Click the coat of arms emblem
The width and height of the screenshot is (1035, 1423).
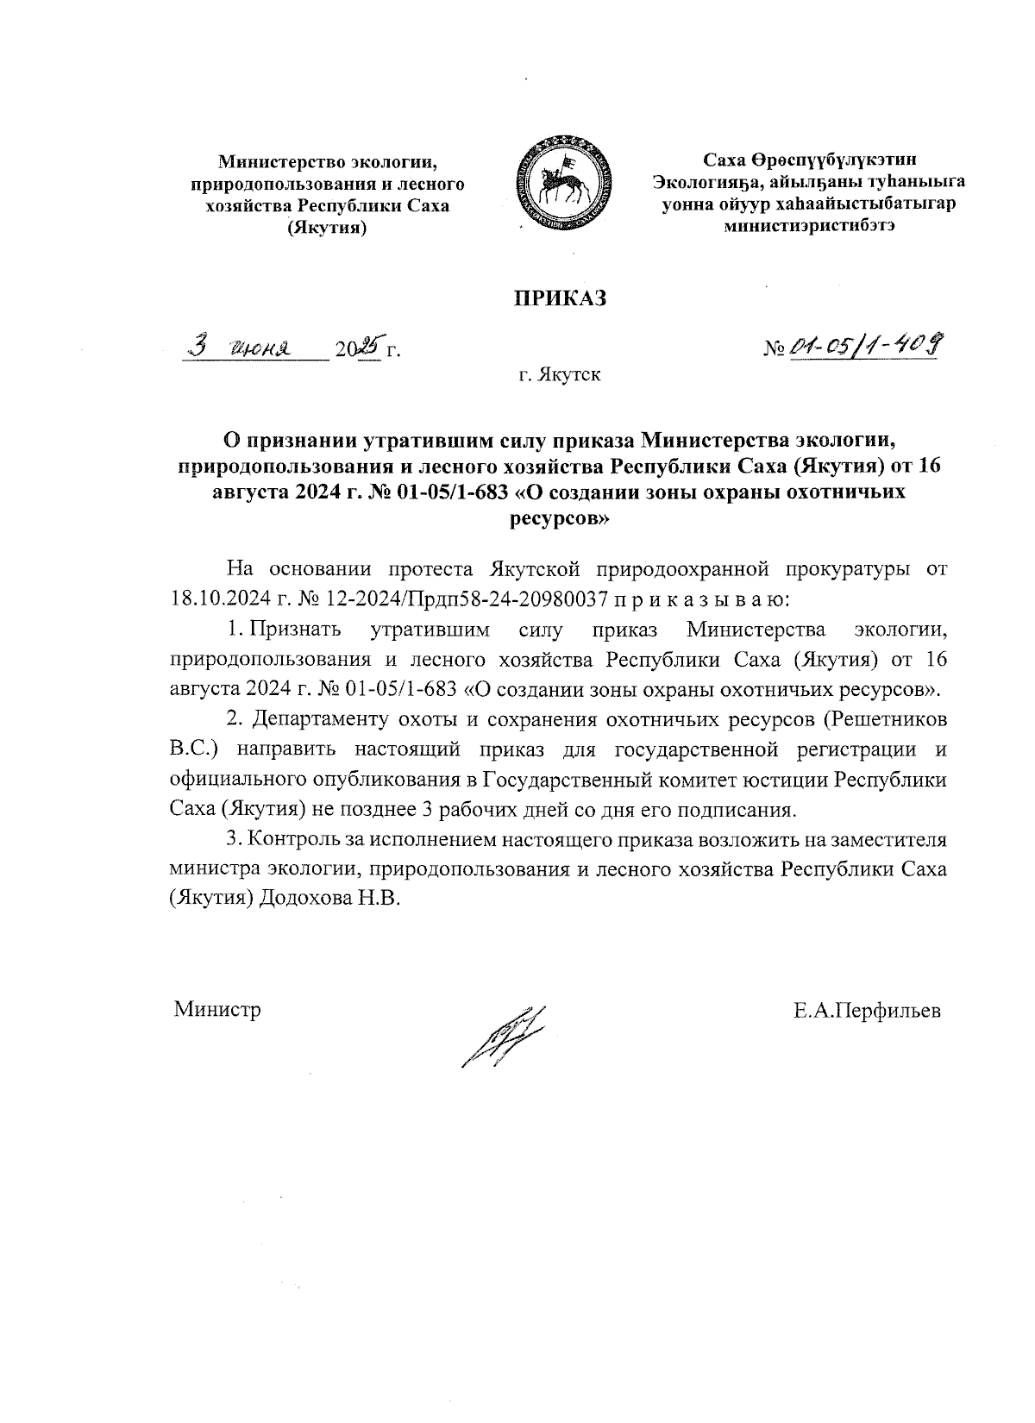(x=561, y=181)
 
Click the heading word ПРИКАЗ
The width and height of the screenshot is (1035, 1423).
(x=561, y=298)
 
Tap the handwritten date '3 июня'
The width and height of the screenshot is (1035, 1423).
(x=242, y=348)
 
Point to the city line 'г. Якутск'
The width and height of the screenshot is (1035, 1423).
(x=560, y=375)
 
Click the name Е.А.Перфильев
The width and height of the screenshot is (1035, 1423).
(x=868, y=1010)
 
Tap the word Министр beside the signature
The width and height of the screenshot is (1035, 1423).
(x=217, y=1010)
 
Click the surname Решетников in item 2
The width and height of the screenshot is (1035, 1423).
(x=889, y=718)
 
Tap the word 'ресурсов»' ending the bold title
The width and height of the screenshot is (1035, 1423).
(x=561, y=519)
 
